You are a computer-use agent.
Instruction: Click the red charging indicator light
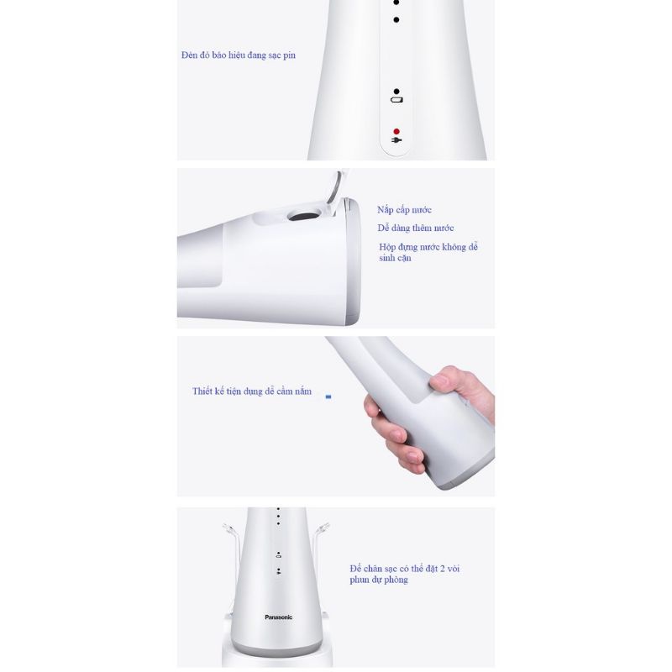click(x=396, y=132)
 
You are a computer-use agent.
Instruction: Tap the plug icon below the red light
click(x=396, y=141)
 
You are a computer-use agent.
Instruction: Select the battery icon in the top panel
click(x=396, y=100)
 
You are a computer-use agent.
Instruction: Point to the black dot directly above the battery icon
click(x=396, y=91)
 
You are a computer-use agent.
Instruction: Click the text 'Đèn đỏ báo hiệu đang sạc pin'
click(x=239, y=55)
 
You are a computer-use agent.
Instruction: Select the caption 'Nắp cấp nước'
click(x=404, y=210)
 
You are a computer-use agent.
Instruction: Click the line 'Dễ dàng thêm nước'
click(x=416, y=228)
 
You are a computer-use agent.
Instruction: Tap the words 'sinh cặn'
click(x=395, y=259)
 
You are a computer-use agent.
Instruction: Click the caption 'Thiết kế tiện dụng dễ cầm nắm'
click(x=252, y=391)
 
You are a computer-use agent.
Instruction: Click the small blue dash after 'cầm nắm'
click(x=328, y=396)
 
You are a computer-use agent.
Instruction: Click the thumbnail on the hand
click(x=438, y=382)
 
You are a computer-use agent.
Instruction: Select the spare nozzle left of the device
click(x=231, y=538)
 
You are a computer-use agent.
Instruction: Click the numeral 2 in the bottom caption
click(x=443, y=569)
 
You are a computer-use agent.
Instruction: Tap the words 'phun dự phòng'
click(x=379, y=580)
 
